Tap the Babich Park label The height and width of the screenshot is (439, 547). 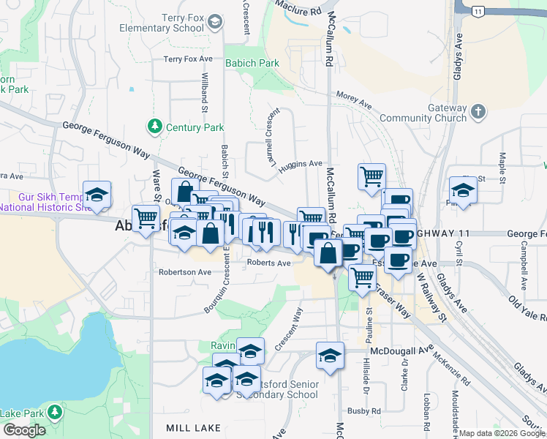click(x=252, y=64)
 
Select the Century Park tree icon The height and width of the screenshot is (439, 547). click(x=155, y=127)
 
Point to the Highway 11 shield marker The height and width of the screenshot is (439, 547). click(x=478, y=11)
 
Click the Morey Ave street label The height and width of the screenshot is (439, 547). click(x=355, y=101)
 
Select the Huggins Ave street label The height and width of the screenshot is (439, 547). click(x=302, y=164)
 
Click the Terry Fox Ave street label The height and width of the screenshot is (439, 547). click(x=188, y=59)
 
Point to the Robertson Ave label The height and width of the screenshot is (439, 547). click(x=185, y=271)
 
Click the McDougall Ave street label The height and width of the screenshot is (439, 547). click(x=398, y=351)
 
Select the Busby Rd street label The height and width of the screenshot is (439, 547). click(x=364, y=411)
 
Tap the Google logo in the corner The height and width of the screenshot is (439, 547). click(x=24, y=430)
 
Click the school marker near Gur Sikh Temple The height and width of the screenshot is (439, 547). click(x=97, y=195)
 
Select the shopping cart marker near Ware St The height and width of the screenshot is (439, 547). click(x=146, y=217)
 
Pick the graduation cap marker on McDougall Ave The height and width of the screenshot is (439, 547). click(x=330, y=356)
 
